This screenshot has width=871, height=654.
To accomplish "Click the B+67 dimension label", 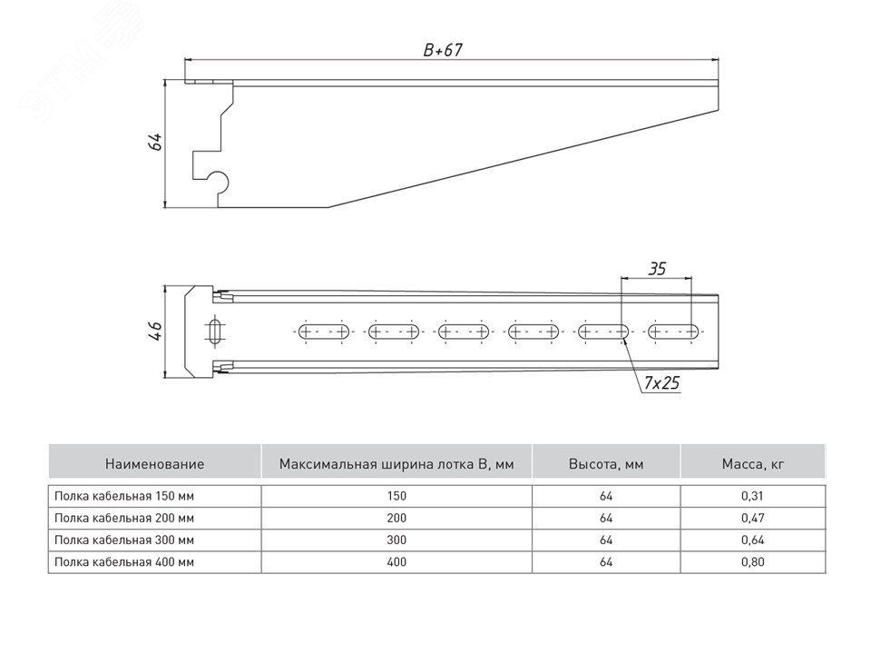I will (443, 52).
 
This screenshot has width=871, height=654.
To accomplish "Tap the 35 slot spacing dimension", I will (657, 269).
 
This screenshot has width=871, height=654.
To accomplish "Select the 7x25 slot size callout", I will (662, 384).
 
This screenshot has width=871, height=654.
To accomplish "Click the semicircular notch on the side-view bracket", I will (218, 182).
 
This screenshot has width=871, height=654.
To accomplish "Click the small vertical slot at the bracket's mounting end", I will (215, 331).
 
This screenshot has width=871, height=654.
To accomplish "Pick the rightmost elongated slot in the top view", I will (672, 332).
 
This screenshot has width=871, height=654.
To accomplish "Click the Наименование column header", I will (154, 463).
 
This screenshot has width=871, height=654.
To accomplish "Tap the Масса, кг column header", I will (752, 463).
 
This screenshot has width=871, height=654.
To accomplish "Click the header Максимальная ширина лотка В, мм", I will (396, 463).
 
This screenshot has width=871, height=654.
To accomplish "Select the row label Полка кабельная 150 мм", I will (124, 496).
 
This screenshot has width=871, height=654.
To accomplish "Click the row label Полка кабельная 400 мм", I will (124, 562).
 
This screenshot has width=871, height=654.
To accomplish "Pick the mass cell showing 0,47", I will (752, 518).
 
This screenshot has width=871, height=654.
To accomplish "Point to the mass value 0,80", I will (752, 562).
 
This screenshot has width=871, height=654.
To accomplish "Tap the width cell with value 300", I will (396, 540).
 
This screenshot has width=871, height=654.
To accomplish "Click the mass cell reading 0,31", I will (752, 496).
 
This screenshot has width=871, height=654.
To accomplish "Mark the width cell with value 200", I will (396, 518).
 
